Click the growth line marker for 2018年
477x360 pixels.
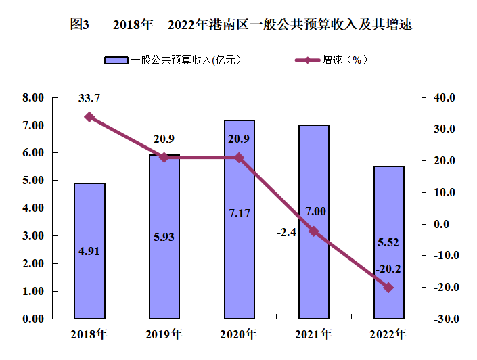(89, 117)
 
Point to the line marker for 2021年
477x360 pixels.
(314, 231)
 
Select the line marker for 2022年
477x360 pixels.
(389, 288)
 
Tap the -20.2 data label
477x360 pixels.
(389, 269)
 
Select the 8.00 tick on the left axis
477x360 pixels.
(32, 98)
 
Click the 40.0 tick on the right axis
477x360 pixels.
(444, 98)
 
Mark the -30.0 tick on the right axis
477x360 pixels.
(442, 319)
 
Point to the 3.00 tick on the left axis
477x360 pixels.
(32, 236)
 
